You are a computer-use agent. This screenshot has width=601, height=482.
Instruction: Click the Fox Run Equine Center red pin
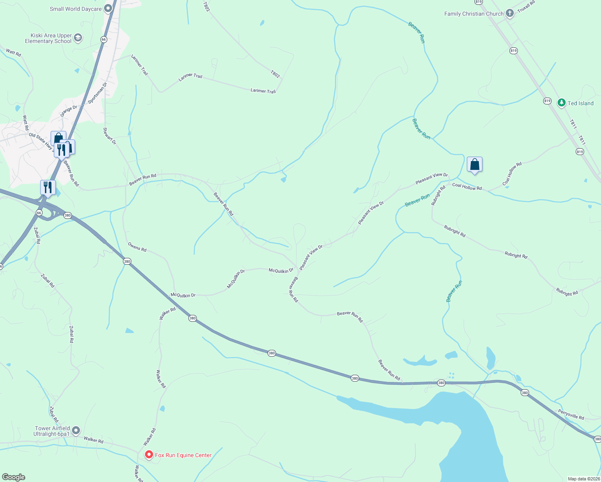149,455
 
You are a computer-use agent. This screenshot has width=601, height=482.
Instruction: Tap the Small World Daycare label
76,9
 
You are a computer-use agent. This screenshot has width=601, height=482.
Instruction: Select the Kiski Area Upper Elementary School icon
78,38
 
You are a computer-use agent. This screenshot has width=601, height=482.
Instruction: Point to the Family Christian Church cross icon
509,14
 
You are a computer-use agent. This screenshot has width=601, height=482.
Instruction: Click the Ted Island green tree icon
562,103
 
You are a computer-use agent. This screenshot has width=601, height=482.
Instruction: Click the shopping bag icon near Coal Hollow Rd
474,165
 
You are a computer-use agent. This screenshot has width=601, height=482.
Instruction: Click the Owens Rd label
137,247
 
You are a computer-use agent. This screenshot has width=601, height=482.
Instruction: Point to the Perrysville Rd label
571,414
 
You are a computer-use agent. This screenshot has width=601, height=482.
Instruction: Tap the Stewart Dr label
110,136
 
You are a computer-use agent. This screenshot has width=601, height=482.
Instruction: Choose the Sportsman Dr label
98,93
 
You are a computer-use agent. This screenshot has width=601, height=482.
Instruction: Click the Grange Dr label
69,111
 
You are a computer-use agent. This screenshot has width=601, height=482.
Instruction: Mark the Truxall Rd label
526,7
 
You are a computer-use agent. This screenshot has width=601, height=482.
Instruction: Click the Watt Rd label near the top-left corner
13,52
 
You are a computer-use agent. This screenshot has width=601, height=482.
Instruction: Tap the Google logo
13,477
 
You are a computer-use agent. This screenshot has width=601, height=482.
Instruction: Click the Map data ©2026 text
583,479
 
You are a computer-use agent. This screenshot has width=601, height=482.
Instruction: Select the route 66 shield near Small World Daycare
104,39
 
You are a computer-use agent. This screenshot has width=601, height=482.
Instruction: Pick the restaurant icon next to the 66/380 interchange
48,187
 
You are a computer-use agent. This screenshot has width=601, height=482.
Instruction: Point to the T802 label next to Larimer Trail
275,74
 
